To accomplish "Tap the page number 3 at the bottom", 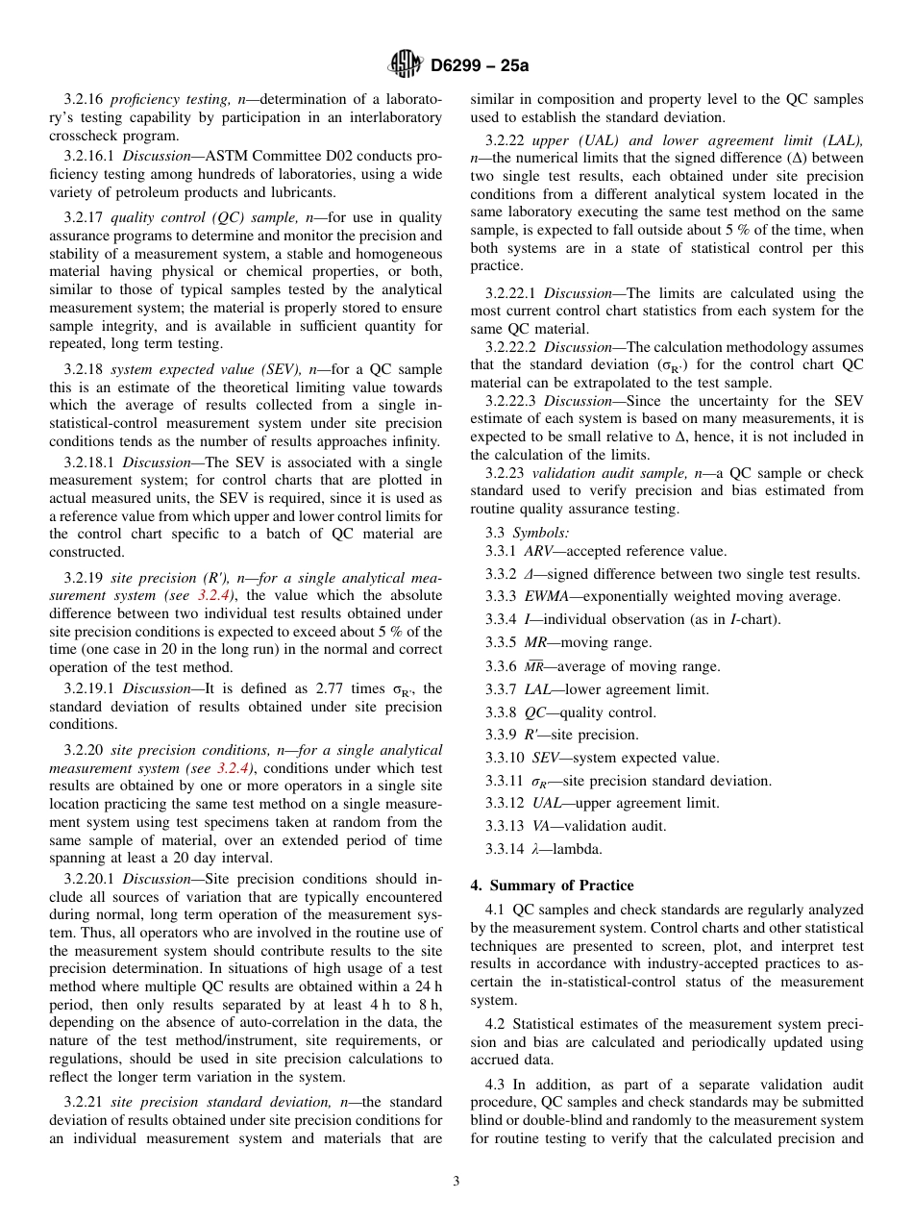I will click(456, 1181).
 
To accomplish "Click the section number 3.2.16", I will click(84, 99).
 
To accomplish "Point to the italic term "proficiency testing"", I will click(162, 99).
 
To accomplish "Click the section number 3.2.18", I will click(84, 369).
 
